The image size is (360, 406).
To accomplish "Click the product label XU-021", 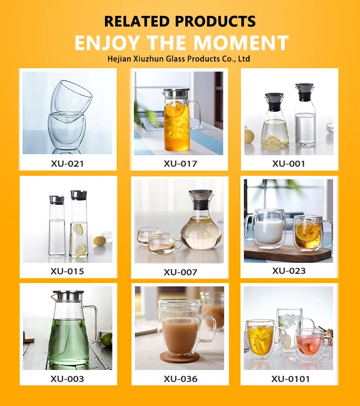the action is (x=68, y=164).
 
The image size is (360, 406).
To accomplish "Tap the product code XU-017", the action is (x=180, y=164).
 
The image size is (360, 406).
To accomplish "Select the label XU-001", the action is (x=288, y=164).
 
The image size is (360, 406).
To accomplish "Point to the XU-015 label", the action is (x=67, y=271).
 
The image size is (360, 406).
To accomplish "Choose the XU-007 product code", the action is (x=180, y=272).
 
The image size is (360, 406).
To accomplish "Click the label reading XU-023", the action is (x=289, y=271).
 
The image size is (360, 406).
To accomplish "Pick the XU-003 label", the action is (x=67, y=379).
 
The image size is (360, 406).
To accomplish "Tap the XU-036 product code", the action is (x=180, y=379).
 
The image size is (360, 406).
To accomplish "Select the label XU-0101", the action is (x=290, y=379).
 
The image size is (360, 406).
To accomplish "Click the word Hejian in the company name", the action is (x=119, y=59).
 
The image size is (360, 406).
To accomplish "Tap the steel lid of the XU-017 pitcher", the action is (x=176, y=93).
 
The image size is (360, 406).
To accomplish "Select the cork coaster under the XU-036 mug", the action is (x=180, y=357).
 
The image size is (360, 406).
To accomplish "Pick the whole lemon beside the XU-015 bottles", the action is (x=99, y=241).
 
